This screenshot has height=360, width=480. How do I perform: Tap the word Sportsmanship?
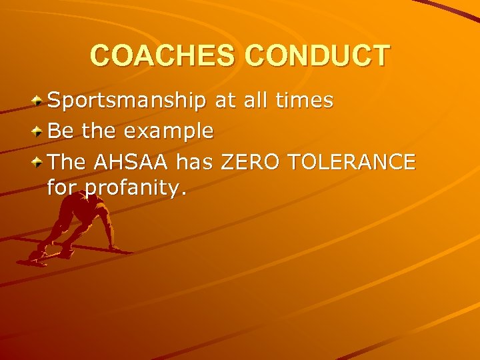(127, 101)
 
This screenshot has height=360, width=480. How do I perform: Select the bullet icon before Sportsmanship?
(39, 101)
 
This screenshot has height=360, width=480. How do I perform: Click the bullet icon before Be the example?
(39, 131)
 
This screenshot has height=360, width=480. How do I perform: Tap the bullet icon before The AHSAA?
(39, 161)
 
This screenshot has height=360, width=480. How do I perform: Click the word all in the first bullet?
(255, 101)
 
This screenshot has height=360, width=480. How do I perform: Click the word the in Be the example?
(99, 131)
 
